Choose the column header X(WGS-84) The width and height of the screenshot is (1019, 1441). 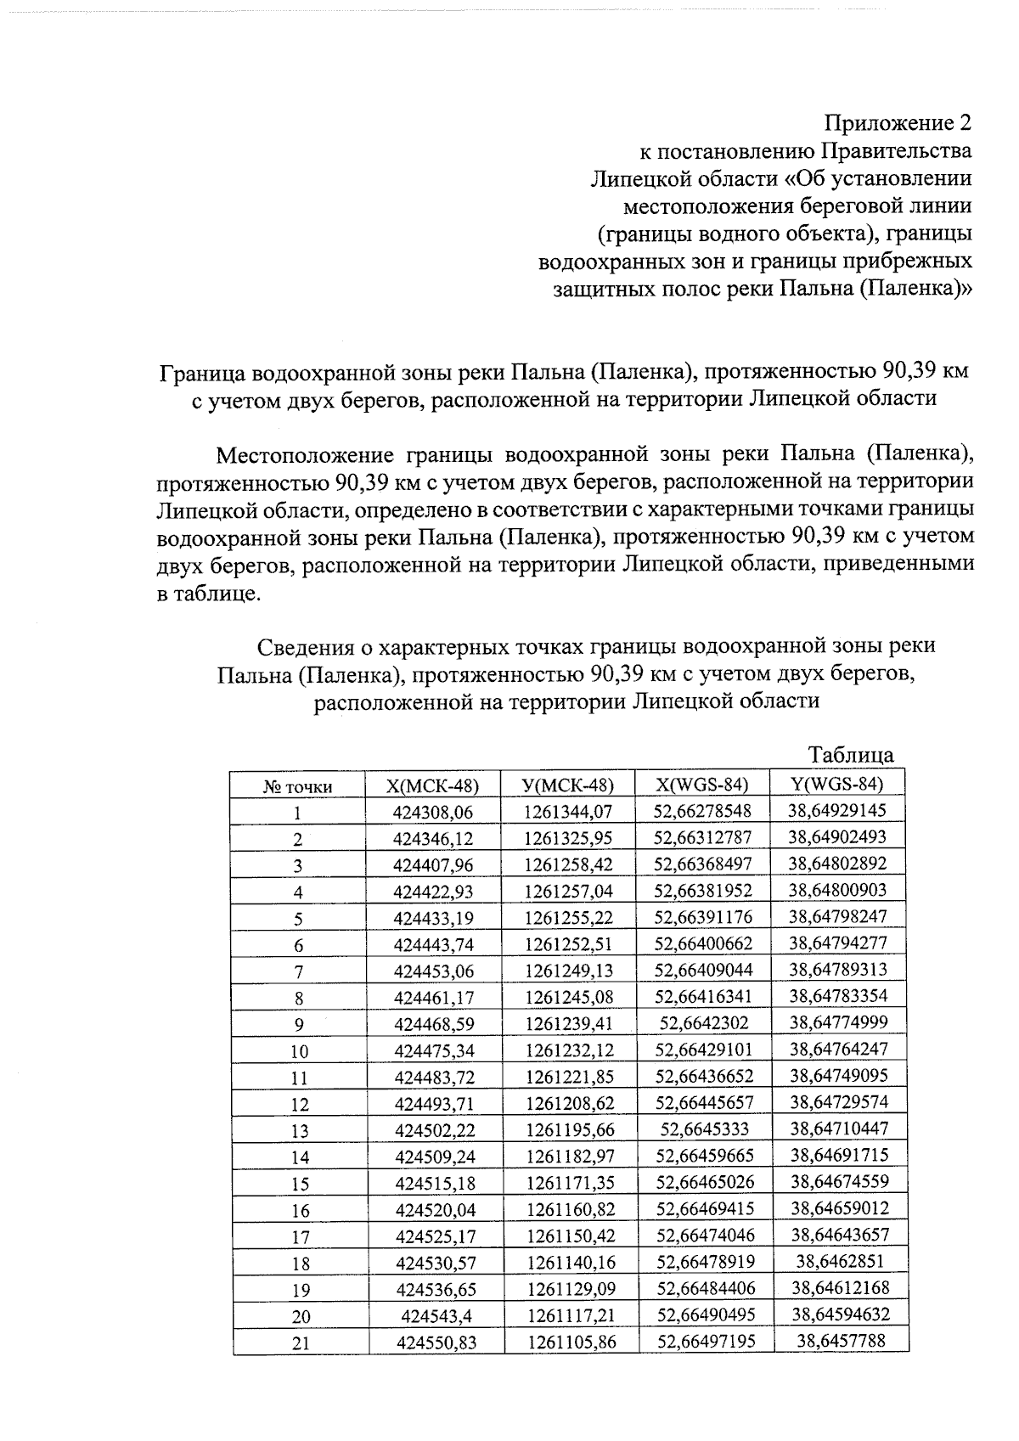[703, 785]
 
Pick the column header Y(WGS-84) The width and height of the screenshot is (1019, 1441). [837, 784]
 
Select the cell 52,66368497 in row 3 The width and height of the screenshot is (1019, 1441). [703, 864]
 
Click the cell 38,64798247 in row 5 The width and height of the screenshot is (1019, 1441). [837, 917]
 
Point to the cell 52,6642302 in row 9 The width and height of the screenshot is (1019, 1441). [703, 1023]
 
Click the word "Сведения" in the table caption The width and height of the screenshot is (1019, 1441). [304, 647]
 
